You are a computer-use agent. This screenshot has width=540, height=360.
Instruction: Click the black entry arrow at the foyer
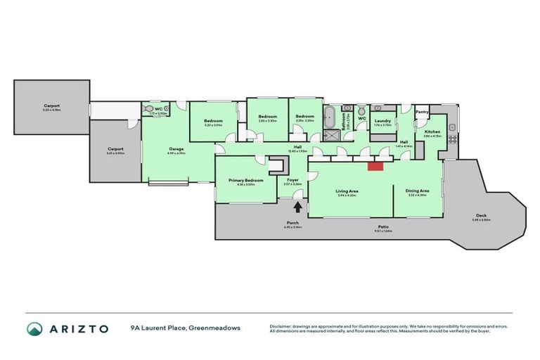click(x=297, y=207)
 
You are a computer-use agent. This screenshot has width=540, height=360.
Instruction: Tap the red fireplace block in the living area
click(x=375, y=166)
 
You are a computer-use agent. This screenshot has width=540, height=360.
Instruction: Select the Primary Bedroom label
click(x=246, y=181)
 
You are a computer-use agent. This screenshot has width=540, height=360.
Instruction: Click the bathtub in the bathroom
click(x=330, y=117)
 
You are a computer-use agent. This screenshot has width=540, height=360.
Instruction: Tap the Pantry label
click(x=422, y=112)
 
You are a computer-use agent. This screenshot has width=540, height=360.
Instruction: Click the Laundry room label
click(x=383, y=121)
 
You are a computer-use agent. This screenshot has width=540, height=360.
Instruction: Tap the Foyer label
click(x=293, y=181)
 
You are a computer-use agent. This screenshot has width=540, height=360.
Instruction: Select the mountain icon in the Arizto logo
click(x=34, y=328)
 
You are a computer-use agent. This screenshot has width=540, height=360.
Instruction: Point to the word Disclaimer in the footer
click(x=283, y=326)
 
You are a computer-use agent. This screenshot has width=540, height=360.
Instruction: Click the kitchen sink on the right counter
click(x=452, y=127)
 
